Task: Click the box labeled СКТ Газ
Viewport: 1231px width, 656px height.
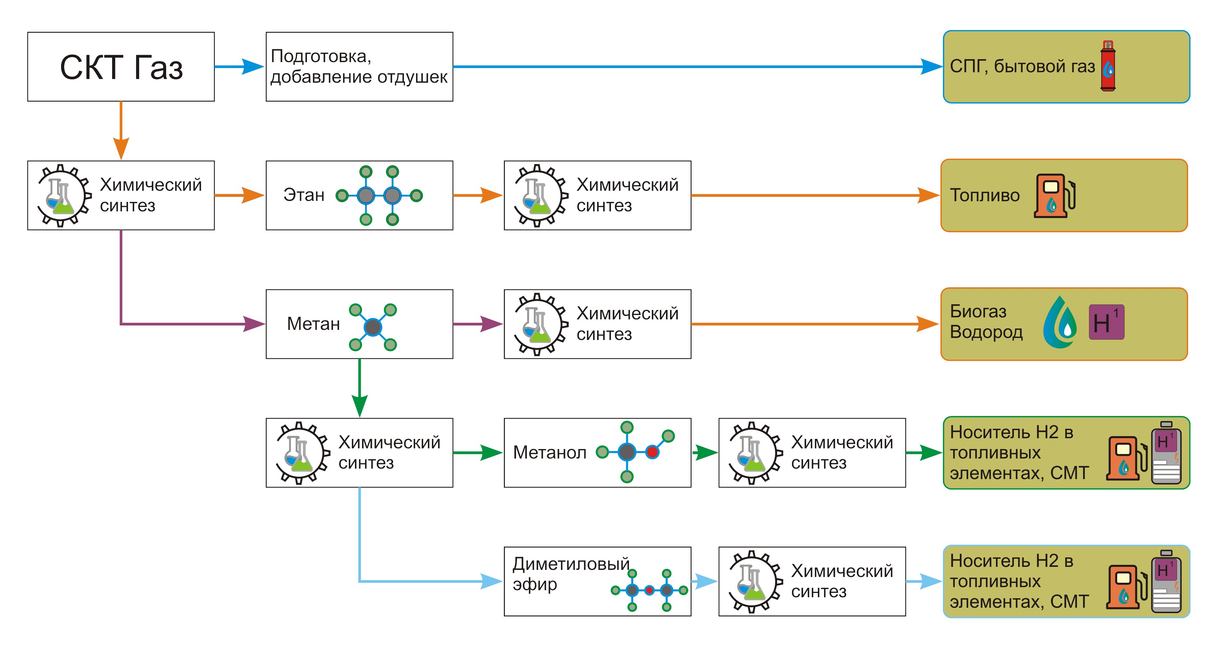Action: pyautogui.click(x=121, y=67)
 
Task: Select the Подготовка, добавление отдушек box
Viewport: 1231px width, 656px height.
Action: pyautogui.click(x=359, y=67)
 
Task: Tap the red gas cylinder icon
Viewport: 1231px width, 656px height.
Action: pyautogui.click(x=1108, y=67)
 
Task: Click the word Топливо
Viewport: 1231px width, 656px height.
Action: pyautogui.click(x=984, y=195)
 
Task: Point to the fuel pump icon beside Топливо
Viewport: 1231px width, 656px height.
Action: pyautogui.click(x=1054, y=196)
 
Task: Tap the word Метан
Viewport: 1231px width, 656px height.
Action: pyautogui.click(x=313, y=324)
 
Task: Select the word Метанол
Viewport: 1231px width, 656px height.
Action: pyautogui.click(x=549, y=452)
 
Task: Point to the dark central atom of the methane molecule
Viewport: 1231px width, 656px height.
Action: pyautogui.click(x=373, y=327)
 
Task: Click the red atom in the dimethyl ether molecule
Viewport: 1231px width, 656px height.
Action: pyautogui.click(x=649, y=590)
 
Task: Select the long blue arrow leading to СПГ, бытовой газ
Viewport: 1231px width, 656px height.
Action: pyautogui.click(x=693, y=67)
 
